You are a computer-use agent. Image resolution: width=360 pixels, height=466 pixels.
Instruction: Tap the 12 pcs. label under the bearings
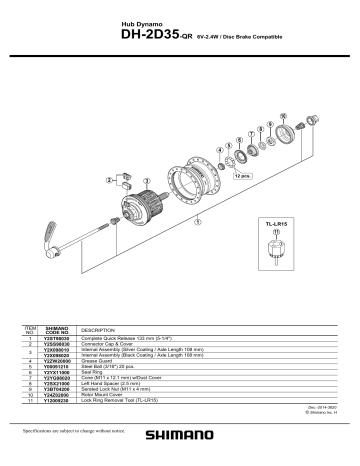[240, 176]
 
